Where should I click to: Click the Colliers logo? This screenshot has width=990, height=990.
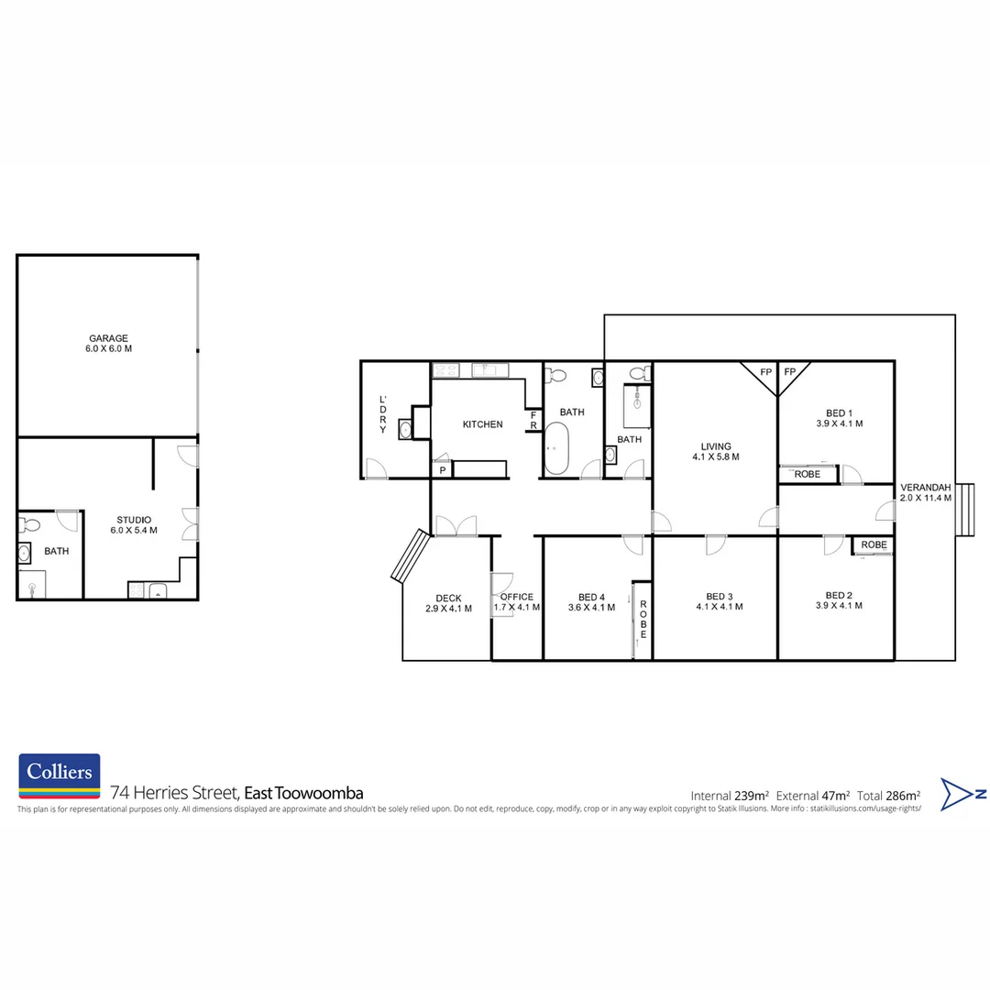[x=60, y=775]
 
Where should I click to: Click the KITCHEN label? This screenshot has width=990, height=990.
[x=482, y=424]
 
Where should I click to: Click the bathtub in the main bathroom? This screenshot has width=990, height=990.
[x=556, y=449]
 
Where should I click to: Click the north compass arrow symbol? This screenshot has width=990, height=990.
[x=962, y=794]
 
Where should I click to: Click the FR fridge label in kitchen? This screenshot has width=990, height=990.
[x=533, y=420]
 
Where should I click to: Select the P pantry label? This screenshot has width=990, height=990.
[x=442, y=470]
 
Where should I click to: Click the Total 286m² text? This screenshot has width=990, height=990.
[x=889, y=795]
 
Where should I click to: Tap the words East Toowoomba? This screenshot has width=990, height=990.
[x=304, y=793]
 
